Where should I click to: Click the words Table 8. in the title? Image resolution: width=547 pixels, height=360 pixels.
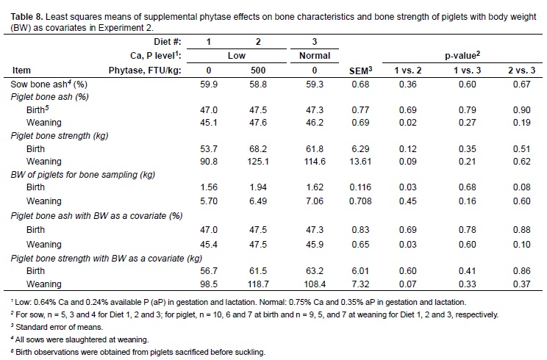21,7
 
